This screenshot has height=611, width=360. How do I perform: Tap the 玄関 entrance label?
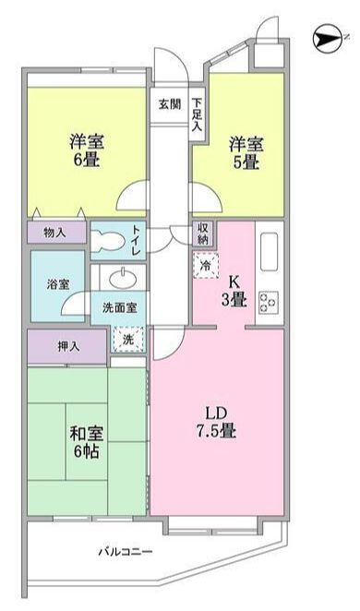point(170,104)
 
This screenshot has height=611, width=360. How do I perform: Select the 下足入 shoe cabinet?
point(198,114)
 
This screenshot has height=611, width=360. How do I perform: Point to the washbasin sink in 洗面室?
point(123,278)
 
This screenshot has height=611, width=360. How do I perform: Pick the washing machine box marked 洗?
point(128,340)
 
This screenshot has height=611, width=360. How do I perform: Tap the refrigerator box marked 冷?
point(205,266)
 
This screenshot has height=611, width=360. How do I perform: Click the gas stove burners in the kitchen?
point(269,302)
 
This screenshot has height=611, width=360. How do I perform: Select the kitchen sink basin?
point(269,252)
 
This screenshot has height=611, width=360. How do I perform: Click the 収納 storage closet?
point(202,234)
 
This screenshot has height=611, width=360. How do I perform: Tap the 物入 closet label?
point(55,233)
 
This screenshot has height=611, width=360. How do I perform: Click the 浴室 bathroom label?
point(58,284)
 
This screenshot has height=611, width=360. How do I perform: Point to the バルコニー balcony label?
point(125,551)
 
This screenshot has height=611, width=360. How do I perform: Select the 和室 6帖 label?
point(87,442)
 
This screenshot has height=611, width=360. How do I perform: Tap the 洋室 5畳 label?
point(246,153)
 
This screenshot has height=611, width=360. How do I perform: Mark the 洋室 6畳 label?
point(88,150)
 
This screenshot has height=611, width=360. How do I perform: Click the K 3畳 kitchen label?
point(234,291)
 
